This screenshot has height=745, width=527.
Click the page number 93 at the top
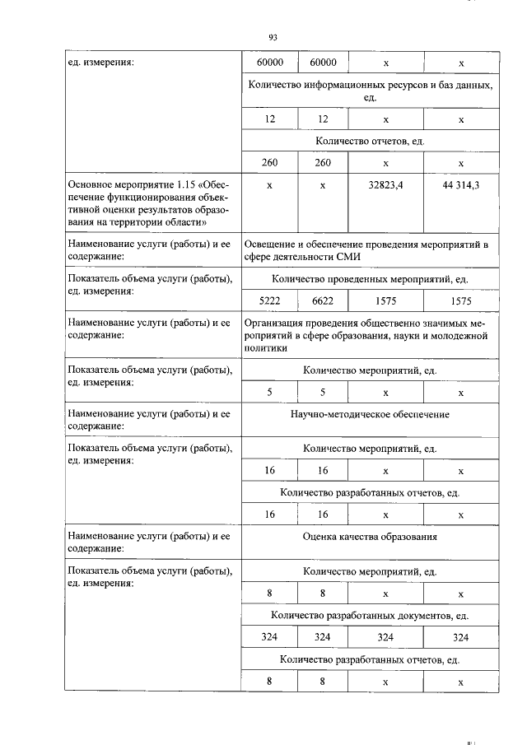(273, 37)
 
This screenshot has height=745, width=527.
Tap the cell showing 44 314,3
(460, 185)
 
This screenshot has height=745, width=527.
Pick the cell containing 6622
(322, 302)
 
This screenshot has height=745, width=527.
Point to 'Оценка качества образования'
(370, 537)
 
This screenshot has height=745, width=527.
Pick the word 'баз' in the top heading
(432, 85)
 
